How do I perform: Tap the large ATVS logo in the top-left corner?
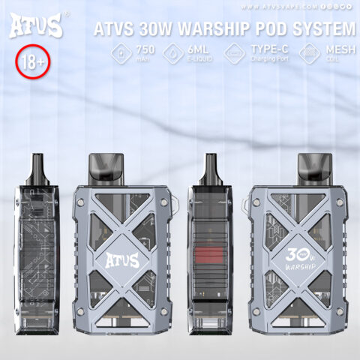36,27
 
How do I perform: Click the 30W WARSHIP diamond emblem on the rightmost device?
296,260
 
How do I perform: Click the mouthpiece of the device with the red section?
212,166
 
